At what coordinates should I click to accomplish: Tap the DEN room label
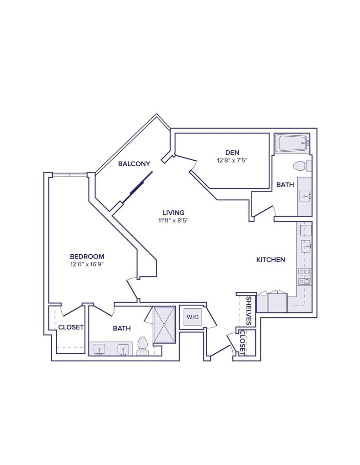[x=232, y=152]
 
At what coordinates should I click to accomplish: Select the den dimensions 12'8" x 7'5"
[x=232, y=160]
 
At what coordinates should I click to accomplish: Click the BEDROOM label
[x=87, y=256]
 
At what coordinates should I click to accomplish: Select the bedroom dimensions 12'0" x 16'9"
[x=87, y=264]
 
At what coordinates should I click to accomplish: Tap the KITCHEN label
[x=271, y=260]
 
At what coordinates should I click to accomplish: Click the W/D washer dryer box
[x=192, y=317]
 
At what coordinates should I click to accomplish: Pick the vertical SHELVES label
[x=249, y=311]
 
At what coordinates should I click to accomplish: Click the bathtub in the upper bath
[x=293, y=144]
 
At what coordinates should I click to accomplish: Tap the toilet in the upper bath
[x=302, y=165]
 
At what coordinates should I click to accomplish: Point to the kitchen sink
[x=305, y=247]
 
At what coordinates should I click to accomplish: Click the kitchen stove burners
[x=305, y=277]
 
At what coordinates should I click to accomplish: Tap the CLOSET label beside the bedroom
[x=71, y=327]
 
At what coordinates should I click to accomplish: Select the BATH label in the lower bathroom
[x=122, y=328]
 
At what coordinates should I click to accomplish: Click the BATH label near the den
[x=285, y=185]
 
